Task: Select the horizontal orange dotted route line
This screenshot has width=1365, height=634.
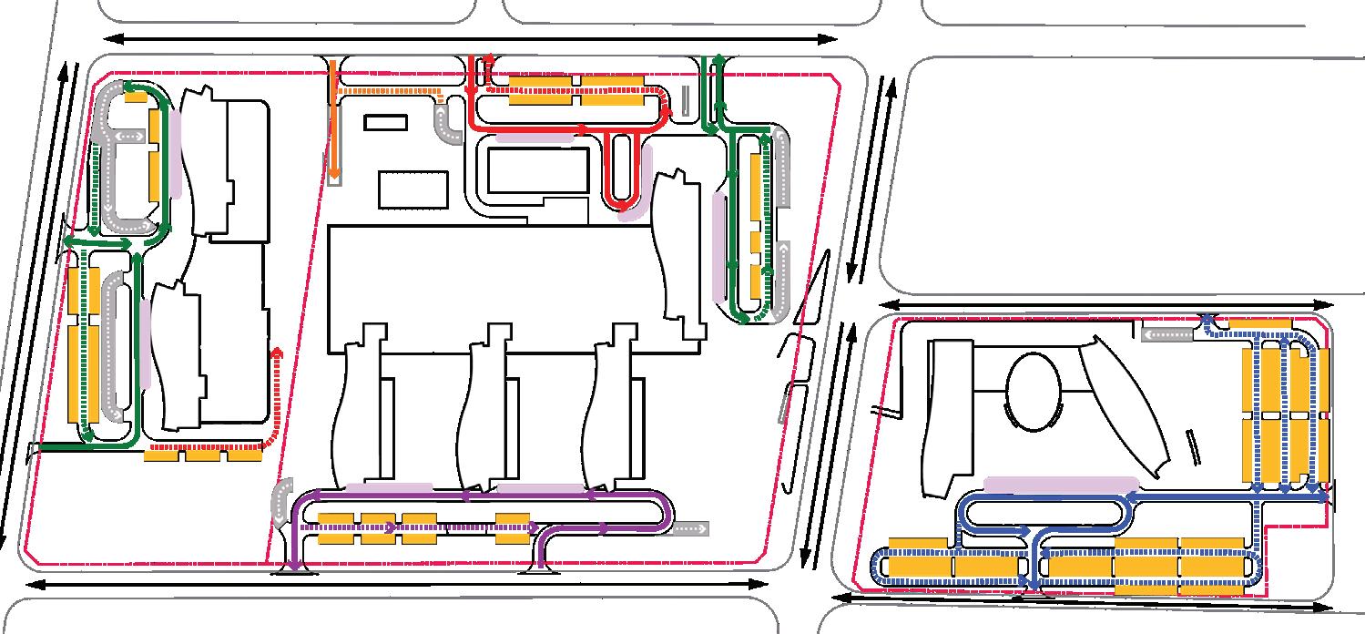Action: [387, 90]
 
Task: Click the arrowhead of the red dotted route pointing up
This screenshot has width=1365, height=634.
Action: [277, 351]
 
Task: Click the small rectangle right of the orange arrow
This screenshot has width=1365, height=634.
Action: [385, 122]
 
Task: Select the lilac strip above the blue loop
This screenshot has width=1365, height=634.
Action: [1061, 484]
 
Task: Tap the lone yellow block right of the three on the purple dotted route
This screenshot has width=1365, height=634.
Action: [514, 528]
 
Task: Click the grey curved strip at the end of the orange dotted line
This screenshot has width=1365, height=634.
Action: [448, 126]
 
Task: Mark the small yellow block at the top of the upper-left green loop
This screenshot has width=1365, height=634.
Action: [136, 97]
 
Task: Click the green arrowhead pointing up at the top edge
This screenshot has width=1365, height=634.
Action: [719, 60]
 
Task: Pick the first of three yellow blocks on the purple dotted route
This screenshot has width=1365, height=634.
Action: [335, 528]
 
